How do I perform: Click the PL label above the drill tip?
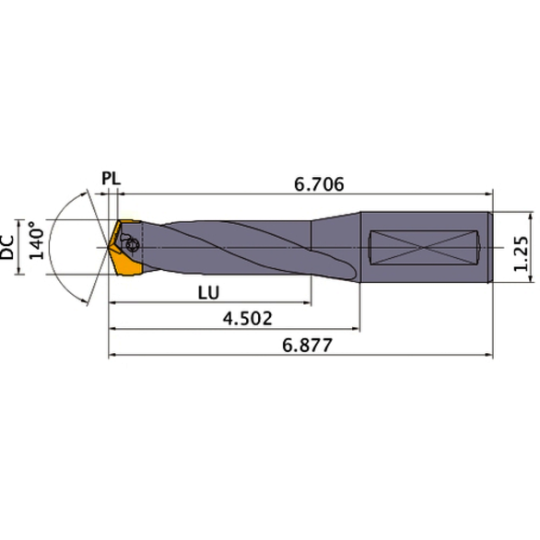point(111,175)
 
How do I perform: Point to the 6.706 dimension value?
point(319,184)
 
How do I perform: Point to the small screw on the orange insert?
point(131,245)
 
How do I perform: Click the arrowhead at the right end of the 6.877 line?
point(490,355)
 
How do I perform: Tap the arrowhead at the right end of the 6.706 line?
point(490,194)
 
